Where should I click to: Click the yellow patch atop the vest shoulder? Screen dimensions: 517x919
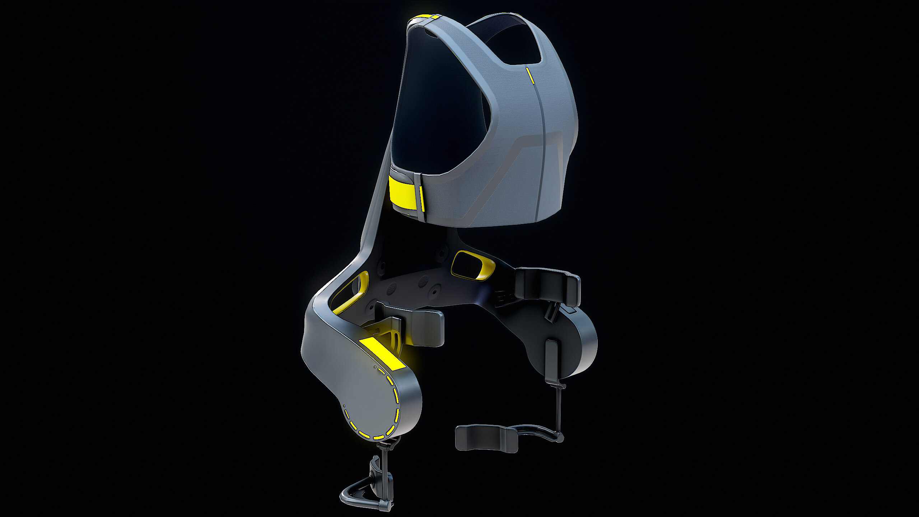(426, 19)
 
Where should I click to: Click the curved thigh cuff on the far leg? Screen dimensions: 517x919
(486, 438)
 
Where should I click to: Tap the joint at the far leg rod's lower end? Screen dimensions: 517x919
(559, 437)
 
